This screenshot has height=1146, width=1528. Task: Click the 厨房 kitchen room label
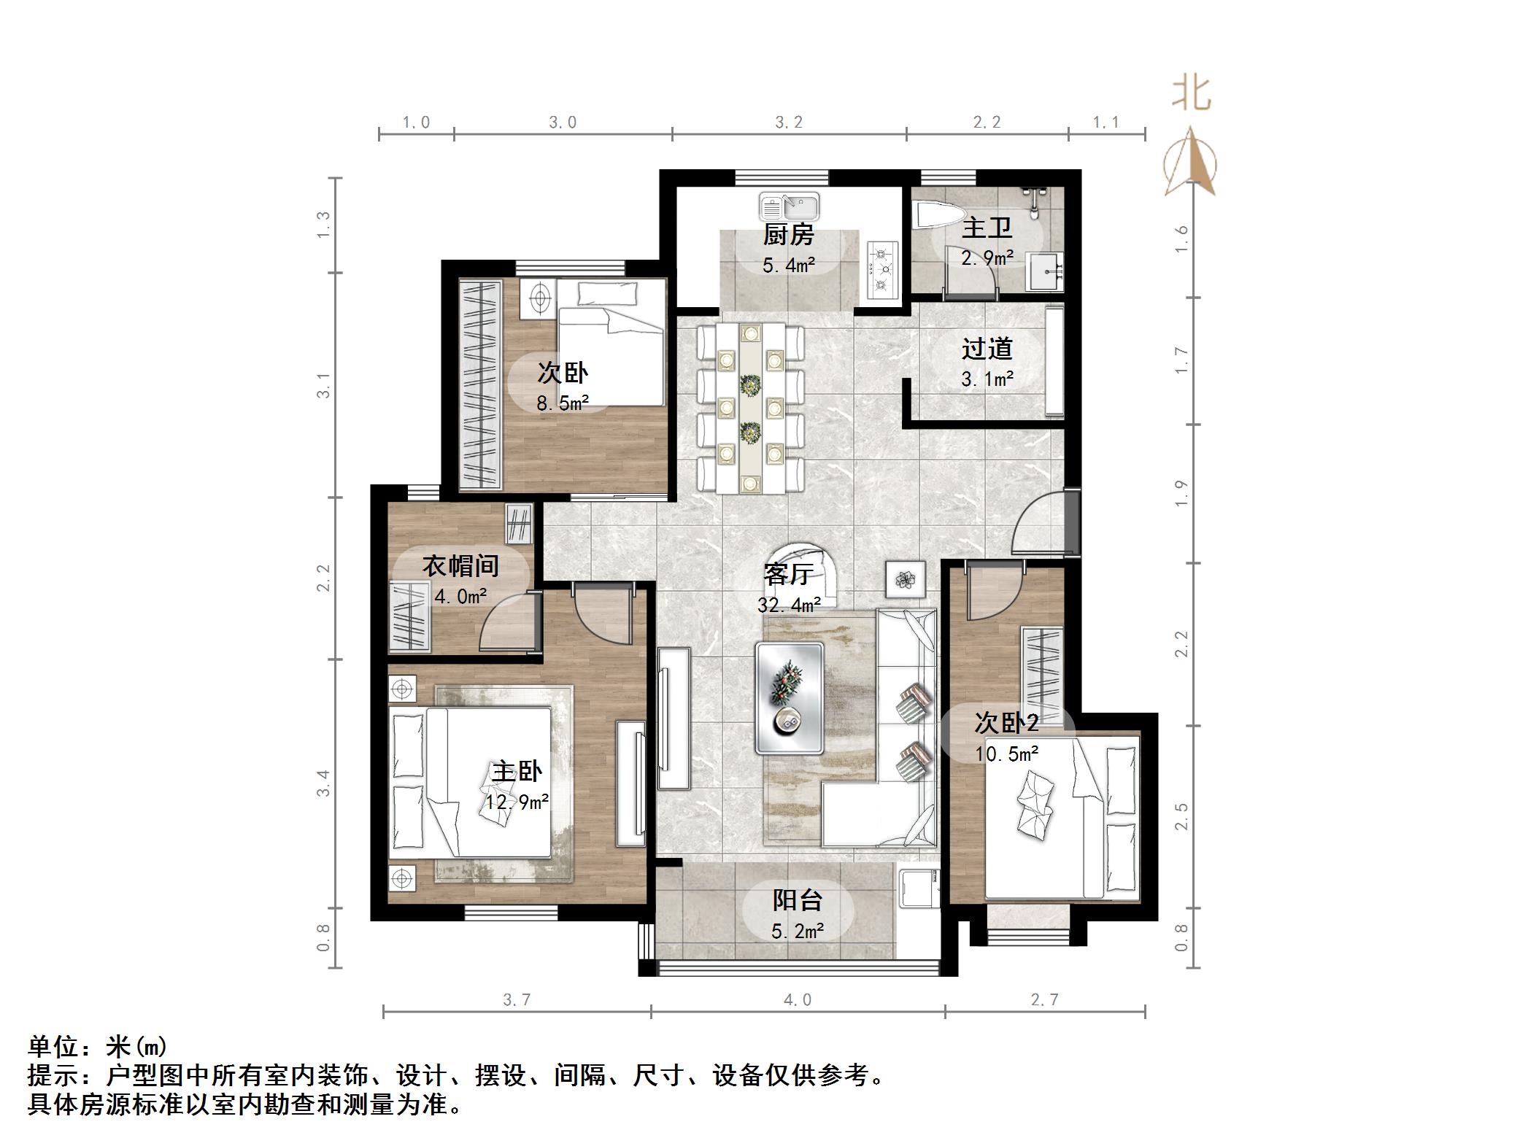[788, 235]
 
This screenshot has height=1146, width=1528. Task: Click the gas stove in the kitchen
[881, 269]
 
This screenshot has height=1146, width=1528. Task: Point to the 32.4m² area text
[789, 605]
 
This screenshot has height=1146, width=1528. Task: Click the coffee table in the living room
[790, 697]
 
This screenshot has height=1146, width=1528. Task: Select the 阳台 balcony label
[797, 900]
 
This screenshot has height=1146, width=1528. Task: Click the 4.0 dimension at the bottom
[797, 1000]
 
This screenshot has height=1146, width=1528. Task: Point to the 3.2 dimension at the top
[788, 123]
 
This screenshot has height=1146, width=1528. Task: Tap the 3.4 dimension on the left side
[323, 783]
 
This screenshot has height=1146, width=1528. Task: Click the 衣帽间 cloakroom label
[460, 566]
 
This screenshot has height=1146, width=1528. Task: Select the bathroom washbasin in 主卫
[1045, 271]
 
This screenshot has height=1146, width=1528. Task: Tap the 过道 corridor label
[987, 349]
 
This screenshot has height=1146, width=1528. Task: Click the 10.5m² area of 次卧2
[1006, 754]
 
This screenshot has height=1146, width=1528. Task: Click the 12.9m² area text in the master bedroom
[517, 802]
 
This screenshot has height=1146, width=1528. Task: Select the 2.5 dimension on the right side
[1181, 816]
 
